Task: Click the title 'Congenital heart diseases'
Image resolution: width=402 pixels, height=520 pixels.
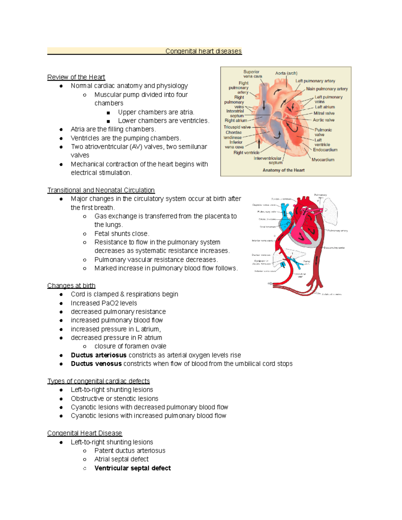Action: pyautogui.click(x=203, y=51)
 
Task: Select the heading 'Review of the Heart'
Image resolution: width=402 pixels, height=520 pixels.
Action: pyautogui.click(x=76, y=77)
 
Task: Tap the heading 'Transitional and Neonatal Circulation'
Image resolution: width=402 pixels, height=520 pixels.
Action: pyautogui.click(x=101, y=190)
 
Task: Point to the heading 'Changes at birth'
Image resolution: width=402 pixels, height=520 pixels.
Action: pyautogui.click(x=71, y=286)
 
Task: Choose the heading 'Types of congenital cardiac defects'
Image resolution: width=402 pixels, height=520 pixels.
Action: pyautogui.click(x=98, y=381)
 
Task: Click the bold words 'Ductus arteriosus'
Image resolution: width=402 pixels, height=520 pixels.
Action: pyautogui.click(x=98, y=355)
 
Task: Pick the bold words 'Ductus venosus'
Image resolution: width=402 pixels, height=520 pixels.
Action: pyautogui.click(x=96, y=364)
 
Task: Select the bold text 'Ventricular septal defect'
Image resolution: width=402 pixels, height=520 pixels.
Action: pyautogui.click(x=133, y=468)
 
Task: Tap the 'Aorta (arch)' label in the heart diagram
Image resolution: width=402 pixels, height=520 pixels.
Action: pyautogui.click(x=286, y=73)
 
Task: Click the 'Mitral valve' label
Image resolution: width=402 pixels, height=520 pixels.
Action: pyautogui.click(x=324, y=113)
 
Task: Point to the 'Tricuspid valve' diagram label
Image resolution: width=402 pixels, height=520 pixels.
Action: pyautogui.click(x=237, y=127)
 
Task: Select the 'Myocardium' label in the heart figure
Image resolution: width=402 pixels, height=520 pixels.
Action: pyautogui.click(x=323, y=160)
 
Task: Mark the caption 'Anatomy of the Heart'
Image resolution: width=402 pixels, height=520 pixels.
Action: pyautogui.click(x=283, y=170)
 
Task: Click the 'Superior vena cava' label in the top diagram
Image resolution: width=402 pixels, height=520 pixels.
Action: pyautogui.click(x=252, y=74)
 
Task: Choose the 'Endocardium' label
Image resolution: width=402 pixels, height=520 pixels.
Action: pyautogui.click(x=325, y=150)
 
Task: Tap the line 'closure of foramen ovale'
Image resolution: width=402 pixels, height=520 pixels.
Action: pyautogui.click(x=130, y=346)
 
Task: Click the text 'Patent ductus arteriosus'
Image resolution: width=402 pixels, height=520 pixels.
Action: pyautogui.click(x=130, y=451)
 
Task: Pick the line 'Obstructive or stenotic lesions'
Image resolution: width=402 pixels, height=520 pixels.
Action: pyautogui.click(x=115, y=398)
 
